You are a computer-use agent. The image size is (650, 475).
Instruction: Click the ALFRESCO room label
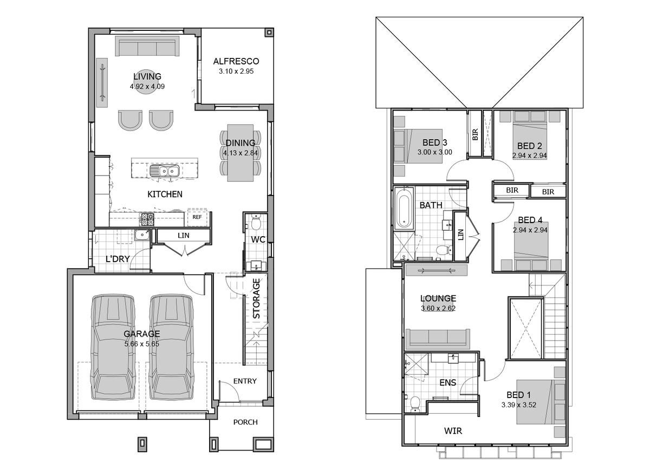click(x=236, y=61)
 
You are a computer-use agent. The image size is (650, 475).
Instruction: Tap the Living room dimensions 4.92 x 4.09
click(x=147, y=86)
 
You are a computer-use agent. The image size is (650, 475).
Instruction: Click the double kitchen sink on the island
click(x=165, y=172)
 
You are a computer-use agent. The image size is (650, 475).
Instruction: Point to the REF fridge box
click(x=197, y=217)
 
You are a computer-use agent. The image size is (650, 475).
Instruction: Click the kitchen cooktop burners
click(x=147, y=219)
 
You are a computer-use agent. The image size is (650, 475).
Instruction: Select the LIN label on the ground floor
click(x=183, y=236)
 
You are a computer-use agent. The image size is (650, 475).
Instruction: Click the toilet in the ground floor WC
click(x=256, y=222)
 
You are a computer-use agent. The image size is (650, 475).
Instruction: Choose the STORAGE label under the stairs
click(x=257, y=298)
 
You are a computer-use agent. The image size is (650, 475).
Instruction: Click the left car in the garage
click(x=113, y=345)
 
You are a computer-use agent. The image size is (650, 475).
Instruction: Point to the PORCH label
click(x=245, y=422)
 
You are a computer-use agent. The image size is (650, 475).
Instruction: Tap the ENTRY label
click(x=245, y=381)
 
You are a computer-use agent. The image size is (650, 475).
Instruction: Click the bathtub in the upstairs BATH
click(x=403, y=208)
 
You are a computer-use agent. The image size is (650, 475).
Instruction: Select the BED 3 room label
click(x=434, y=142)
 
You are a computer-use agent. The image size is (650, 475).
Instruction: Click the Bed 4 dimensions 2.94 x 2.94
click(x=530, y=230)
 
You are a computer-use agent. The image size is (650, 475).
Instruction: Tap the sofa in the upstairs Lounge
click(x=439, y=338)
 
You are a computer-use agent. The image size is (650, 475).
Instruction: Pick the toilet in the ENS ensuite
click(x=415, y=403)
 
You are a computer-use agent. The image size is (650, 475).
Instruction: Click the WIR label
click(x=453, y=431)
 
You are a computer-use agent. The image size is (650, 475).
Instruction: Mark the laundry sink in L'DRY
click(x=142, y=235)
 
